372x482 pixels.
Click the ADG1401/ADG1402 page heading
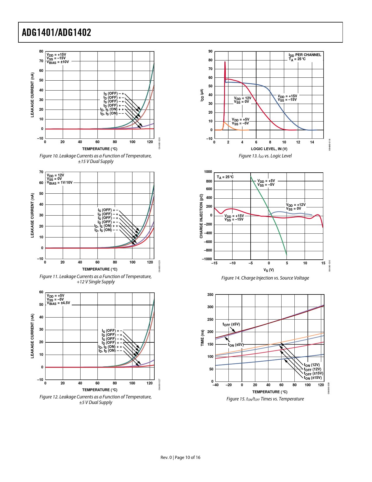click(x=57, y=32)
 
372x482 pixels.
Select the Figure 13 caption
click(x=265, y=156)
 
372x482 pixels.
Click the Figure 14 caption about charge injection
click(x=265, y=278)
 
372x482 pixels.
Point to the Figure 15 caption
click(x=265, y=399)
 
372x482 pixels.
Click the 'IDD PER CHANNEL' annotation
click(x=305, y=55)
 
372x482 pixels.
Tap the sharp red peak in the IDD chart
click(x=225, y=62)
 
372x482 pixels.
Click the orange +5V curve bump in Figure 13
click(x=224, y=123)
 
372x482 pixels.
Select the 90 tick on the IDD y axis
click(x=210, y=51)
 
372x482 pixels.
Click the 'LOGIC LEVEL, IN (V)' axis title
click(x=269, y=149)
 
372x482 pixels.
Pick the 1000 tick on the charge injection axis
click(x=208, y=172)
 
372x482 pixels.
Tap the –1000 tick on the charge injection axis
click(x=207, y=259)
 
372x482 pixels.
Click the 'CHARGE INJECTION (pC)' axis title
click(x=201, y=216)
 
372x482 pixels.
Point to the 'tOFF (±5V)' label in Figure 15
click(x=231, y=324)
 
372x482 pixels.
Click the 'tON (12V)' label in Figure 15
click(x=312, y=365)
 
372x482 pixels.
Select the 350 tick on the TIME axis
click(x=210, y=295)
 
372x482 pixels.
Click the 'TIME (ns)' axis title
click(x=202, y=338)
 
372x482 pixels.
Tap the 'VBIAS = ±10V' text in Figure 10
click(x=58, y=62)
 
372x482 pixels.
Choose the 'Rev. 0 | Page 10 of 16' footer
click(x=180, y=457)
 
